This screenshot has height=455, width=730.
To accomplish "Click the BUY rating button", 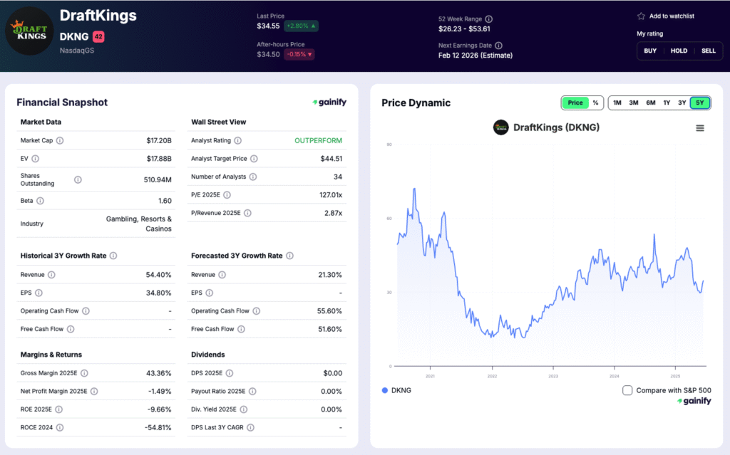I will click(650, 51).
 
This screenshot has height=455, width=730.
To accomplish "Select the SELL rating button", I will click(708, 51).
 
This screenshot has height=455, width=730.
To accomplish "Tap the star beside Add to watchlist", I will click(641, 16).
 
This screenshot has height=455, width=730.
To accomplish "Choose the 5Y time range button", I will click(699, 103).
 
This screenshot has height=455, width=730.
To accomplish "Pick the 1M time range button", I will click(617, 103).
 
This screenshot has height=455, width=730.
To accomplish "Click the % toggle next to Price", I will click(595, 103).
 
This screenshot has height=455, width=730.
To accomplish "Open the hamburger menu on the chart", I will click(700, 128).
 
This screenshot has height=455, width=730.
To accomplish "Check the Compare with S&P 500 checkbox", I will click(627, 390).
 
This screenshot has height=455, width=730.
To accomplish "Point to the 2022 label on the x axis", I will click(492, 376).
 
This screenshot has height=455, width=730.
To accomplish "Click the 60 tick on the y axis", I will click(389, 219).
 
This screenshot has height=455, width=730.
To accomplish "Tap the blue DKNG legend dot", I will click(385, 390).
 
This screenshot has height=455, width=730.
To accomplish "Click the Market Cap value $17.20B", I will click(159, 140).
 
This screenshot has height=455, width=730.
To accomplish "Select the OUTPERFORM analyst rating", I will click(318, 140).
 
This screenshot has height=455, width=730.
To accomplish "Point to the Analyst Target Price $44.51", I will click(331, 159).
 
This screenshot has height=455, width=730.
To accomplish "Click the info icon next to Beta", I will click(41, 201).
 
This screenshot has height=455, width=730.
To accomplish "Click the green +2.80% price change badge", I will click(301, 26).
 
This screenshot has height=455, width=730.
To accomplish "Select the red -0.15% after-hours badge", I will click(299, 54).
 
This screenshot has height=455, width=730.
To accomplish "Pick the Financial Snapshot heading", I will click(62, 103).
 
